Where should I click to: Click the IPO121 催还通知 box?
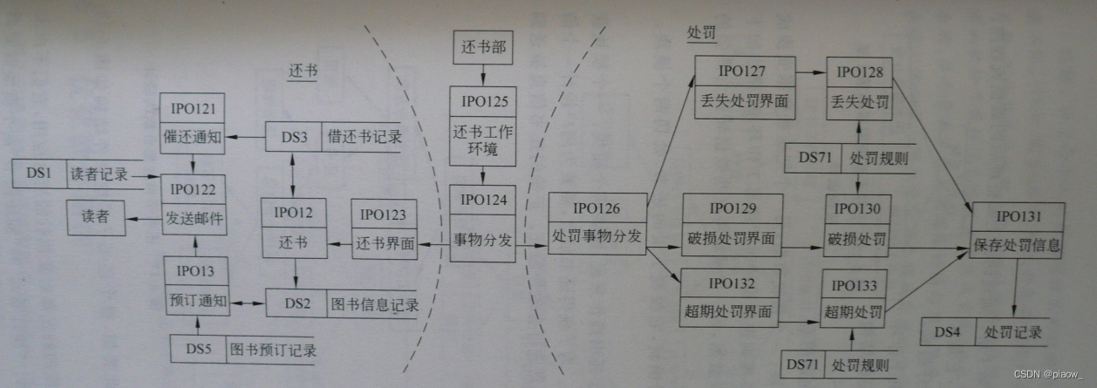193,122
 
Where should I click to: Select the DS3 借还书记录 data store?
333,136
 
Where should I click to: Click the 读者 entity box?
95,216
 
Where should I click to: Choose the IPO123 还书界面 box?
383,228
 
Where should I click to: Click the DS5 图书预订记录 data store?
243,351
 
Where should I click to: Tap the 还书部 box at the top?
484,46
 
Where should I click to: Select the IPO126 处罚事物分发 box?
597,222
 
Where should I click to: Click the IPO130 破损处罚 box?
857,225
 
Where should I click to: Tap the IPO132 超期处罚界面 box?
730,298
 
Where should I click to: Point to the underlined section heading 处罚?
701,31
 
